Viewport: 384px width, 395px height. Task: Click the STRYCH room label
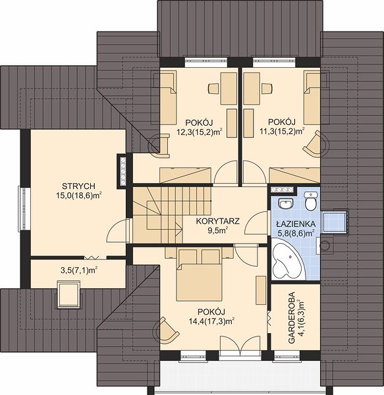[78, 186]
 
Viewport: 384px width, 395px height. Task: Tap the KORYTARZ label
[218, 221]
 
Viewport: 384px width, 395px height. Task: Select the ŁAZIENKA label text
[295, 224]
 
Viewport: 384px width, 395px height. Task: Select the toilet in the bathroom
[311, 201]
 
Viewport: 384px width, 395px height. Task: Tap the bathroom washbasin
[286, 203]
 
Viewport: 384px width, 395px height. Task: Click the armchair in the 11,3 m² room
[315, 144]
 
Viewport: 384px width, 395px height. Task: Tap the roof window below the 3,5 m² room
[69, 294]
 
